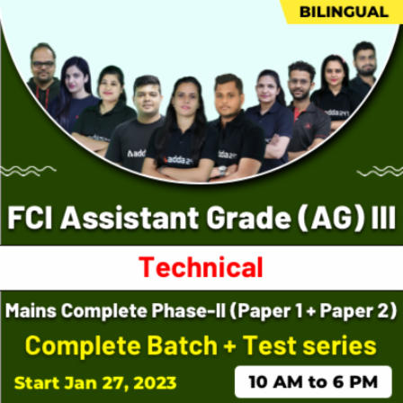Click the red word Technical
(201, 267)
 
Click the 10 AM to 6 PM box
(312, 380)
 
